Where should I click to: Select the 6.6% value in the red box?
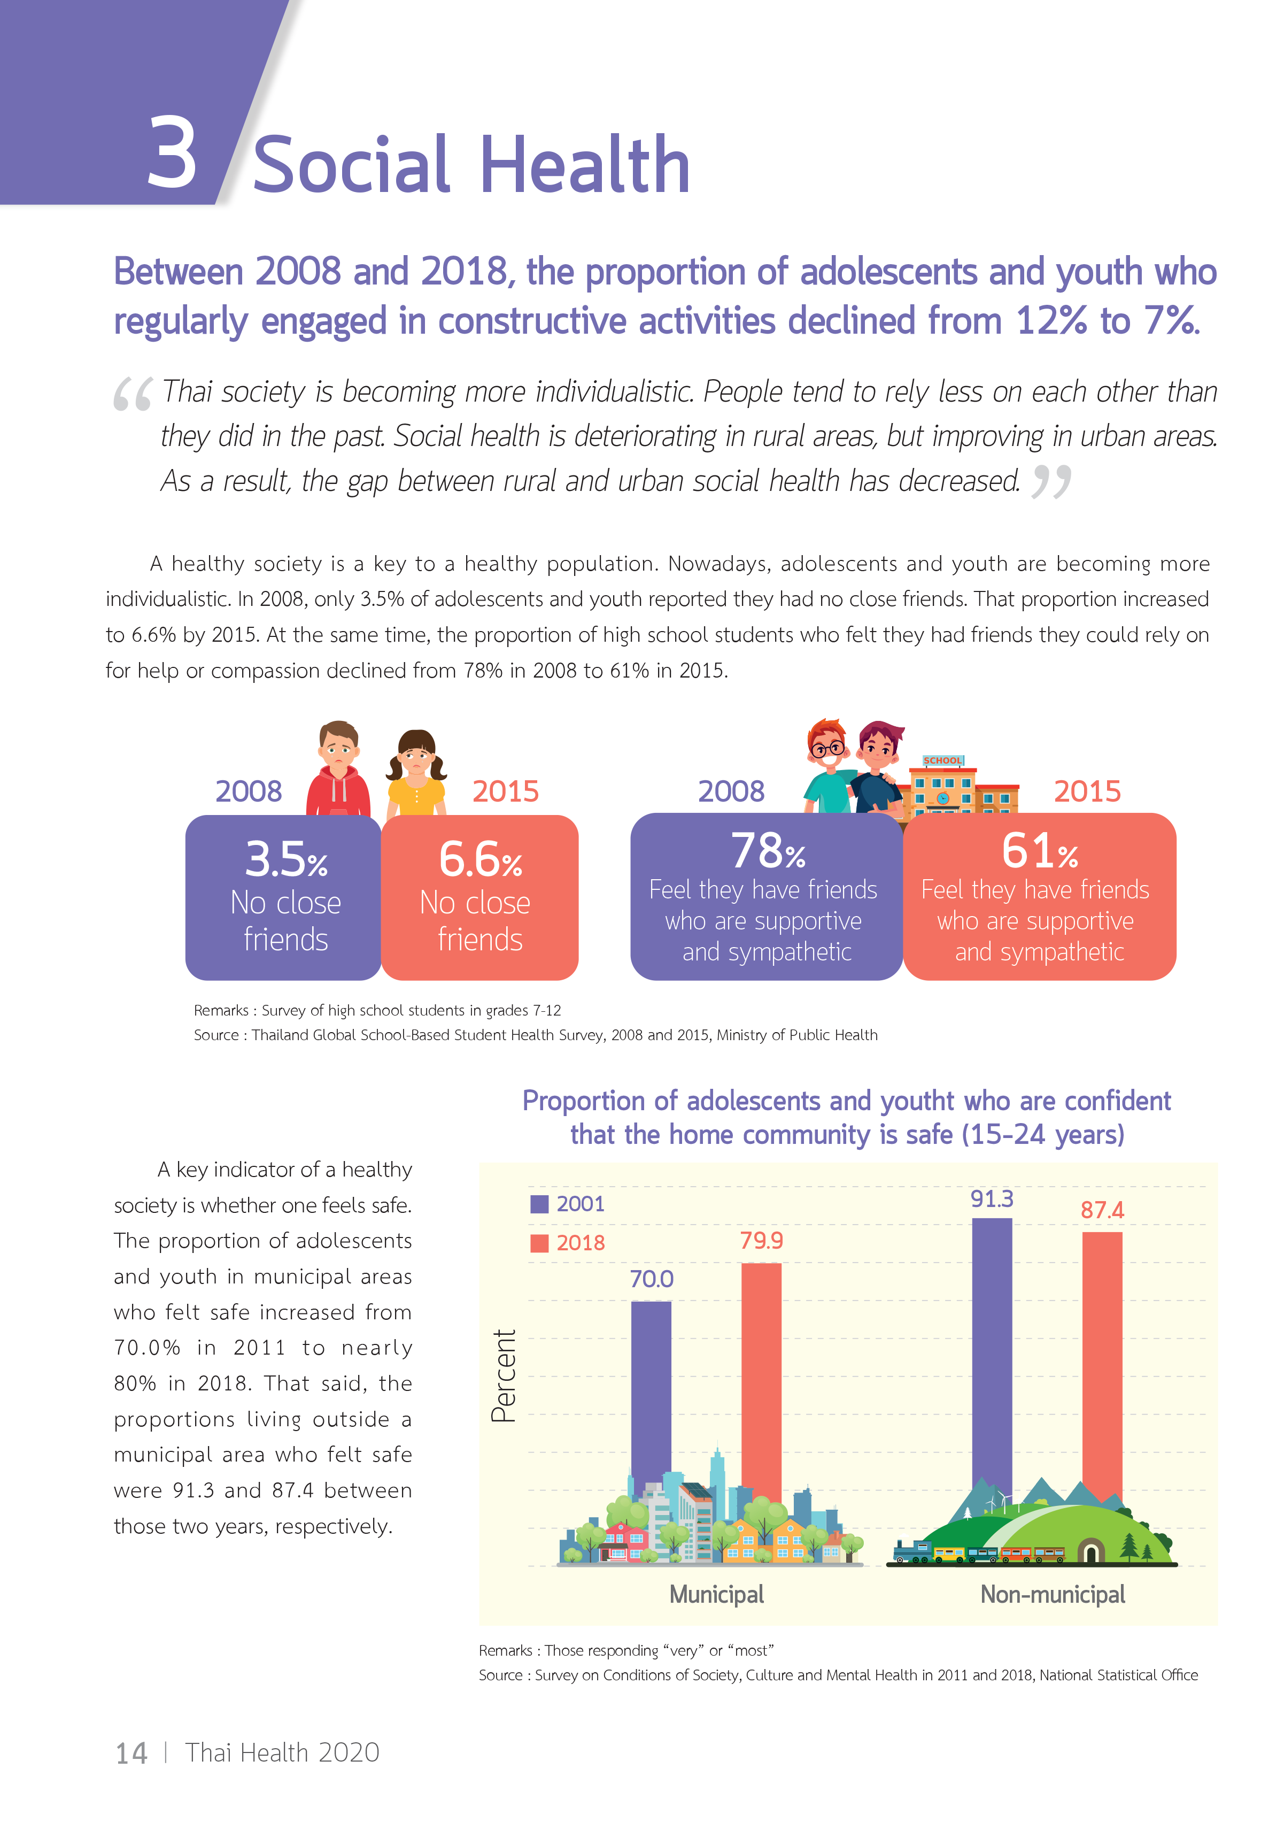pos(480,860)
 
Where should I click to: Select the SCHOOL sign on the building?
pos(942,760)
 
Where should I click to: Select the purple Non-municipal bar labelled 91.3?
pos(992,1350)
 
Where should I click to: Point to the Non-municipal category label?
pos(1053,1594)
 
